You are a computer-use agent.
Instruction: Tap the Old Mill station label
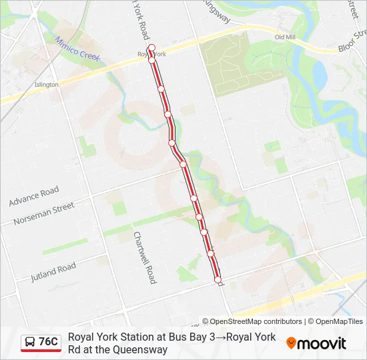[284, 37]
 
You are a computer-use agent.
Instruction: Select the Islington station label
[47, 85]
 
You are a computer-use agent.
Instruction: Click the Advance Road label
[34, 197]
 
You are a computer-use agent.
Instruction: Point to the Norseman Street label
[45, 213]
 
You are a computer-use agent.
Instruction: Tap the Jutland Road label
[53, 272]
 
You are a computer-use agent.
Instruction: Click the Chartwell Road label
[143, 257]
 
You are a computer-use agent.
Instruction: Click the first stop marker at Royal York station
[151, 48]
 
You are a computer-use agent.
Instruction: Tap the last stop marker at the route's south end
[218, 279]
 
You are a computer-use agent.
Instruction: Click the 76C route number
[48, 343]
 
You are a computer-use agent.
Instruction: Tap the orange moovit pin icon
[291, 343]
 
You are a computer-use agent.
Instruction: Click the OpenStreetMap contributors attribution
[252, 321]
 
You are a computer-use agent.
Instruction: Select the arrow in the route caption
[221, 337]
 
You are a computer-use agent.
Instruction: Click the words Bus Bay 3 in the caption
[189, 337]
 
